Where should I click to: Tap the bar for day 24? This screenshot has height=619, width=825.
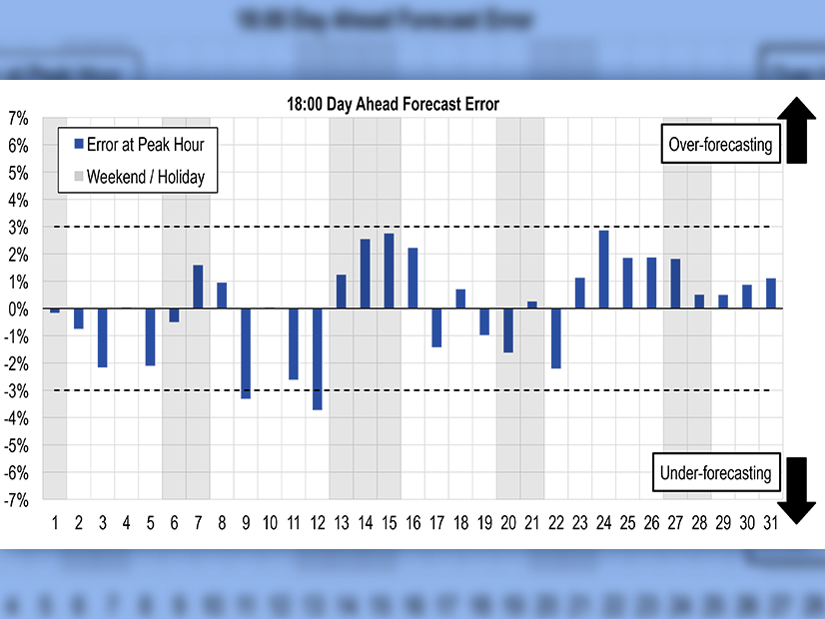(x=604, y=270)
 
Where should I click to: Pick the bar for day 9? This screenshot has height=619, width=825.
(x=246, y=353)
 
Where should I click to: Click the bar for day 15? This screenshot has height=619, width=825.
(x=389, y=271)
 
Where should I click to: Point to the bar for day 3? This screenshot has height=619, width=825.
(x=102, y=337)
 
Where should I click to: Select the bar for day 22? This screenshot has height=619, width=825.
(x=556, y=338)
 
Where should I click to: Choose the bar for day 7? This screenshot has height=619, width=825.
(x=198, y=287)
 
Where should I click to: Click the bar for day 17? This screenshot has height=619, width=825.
(x=436, y=327)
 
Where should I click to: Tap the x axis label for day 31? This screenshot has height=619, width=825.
(x=771, y=522)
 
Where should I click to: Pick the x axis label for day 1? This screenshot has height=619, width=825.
(x=55, y=522)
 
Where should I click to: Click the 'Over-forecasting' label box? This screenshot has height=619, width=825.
(x=719, y=145)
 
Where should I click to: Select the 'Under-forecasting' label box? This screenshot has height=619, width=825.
(x=716, y=473)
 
